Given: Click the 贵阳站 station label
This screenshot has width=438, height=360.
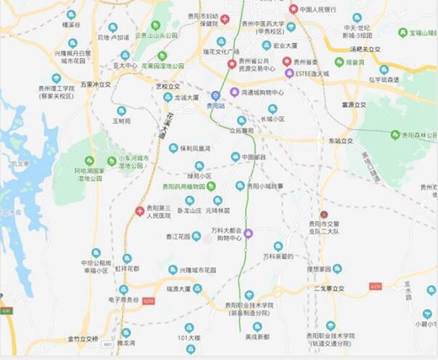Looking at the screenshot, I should point(216,107).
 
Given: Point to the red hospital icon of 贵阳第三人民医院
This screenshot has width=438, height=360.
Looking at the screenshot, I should point(140,211).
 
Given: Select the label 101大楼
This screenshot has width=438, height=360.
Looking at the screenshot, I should point(188,337).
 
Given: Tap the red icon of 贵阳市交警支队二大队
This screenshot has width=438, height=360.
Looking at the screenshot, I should point(323,215).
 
